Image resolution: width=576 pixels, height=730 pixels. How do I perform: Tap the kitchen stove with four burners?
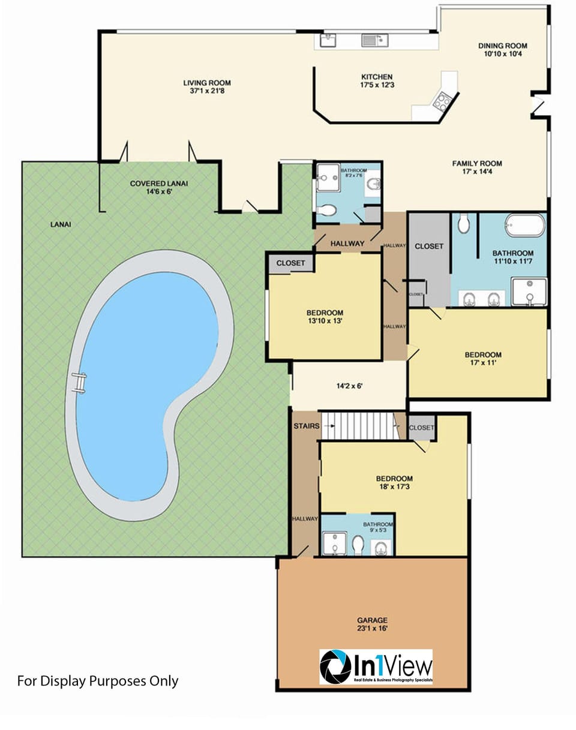coord(443,101)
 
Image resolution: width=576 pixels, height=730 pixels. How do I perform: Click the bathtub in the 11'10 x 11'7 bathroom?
coord(525,226)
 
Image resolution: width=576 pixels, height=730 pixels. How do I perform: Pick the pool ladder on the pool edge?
coord(78,382)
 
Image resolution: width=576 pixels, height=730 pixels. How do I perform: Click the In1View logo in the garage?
coord(376,666)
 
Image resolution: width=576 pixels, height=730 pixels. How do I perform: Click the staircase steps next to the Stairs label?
coord(360,425)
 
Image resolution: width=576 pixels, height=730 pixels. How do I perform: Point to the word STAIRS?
coord(306,426)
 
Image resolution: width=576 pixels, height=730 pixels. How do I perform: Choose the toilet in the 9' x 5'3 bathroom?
coord(358,545)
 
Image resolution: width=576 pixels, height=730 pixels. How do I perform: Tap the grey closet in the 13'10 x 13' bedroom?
coord(290,263)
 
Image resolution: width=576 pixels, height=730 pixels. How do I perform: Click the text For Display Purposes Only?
coord(98,681)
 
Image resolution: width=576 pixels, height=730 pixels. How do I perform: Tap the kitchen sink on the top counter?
coord(374,40)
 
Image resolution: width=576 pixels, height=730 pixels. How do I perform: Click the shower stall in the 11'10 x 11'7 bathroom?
coord(529,292)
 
